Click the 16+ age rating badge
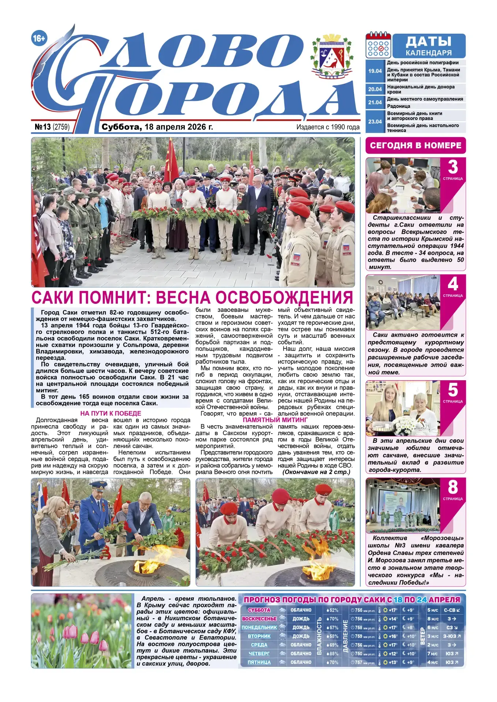click(x=39, y=38)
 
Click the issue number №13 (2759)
click(x=52, y=127)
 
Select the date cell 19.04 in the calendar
click(x=375, y=71)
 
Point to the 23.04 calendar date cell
click(x=375, y=121)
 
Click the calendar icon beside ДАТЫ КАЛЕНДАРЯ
click(x=378, y=45)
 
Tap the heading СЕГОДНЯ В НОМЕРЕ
click(x=415, y=146)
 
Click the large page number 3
click(x=453, y=167)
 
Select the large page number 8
click(x=453, y=487)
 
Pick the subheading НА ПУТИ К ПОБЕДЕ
click(x=111, y=413)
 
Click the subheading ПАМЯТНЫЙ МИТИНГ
click(x=275, y=420)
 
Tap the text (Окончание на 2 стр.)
click(x=316, y=472)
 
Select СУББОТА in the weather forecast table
click(x=259, y=610)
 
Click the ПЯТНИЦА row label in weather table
click(x=259, y=662)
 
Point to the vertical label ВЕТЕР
click(x=422, y=636)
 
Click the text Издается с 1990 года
click(x=328, y=127)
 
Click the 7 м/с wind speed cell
click(x=433, y=653)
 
